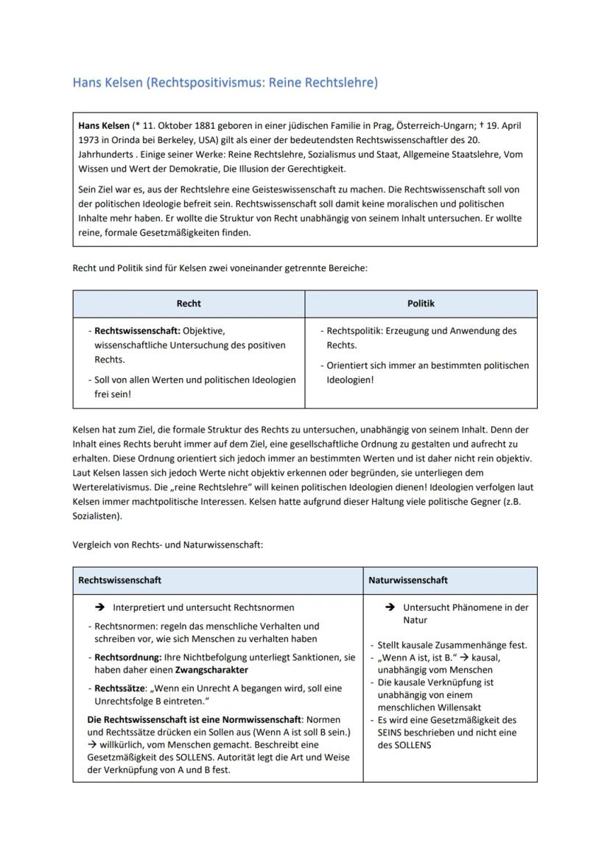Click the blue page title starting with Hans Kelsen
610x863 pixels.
pyautogui.click(x=225, y=83)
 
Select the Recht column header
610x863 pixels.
pyautogui.click(x=189, y=303)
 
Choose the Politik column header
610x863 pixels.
pyautogui.click(x=421, y=303)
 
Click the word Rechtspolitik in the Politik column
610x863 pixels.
pyautogui.click(x=354, y=331)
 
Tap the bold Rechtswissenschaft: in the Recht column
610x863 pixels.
pyautogui.click(x=137, y=331)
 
